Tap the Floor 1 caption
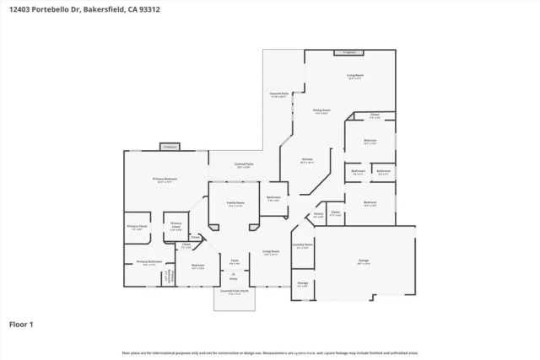pyautogui.click(x=21, y=323)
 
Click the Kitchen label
pyautogui.click(x=308, y=160)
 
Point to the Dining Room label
pyautogui.click(x=321, y=110)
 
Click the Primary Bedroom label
pyautogui.click(x=165, y=179)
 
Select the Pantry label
pyautogui.click(x=319, y=214)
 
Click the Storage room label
pyautogui.click(x=301, y=284)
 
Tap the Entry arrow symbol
pyautogui.click(x=235, y=275)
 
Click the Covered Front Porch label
pyautogui.click(x=234, y=292)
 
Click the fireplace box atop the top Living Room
pyautogui.click(x=348, y=53)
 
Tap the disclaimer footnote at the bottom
pyautogui.click(x=270, y=352)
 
